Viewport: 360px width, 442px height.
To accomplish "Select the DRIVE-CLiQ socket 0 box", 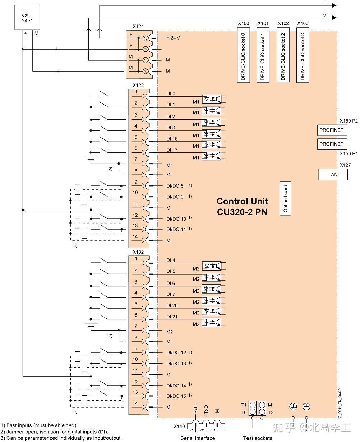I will (x=243, y=56).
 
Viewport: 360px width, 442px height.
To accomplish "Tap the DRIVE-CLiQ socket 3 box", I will (x=303, y=56).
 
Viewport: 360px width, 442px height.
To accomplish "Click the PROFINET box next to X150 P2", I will (x=332, y=130).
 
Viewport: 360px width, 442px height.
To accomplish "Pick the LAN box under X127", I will (x=333, y=175).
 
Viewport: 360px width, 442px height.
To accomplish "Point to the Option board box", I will (x=286, y=198).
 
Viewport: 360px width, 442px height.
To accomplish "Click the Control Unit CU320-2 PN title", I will (x=242, y=207).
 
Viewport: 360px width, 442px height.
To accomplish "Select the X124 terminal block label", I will (x=138, y=26).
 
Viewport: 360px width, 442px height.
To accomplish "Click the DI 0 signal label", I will (x=171, y=94).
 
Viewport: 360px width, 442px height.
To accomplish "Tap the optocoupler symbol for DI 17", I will (x=212, y=156).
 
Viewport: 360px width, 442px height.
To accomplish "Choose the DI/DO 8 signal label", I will (x=175, y=186).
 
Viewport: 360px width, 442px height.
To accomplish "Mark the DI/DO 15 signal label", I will (x=176, y=396).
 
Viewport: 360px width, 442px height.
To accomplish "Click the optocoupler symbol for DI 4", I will (x=212, y=266).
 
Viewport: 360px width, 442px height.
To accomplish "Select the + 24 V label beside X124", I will (x=173, y=38).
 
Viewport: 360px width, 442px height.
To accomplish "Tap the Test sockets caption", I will (x=257, y=438).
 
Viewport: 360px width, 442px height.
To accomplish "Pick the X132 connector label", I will (x=138, y=252).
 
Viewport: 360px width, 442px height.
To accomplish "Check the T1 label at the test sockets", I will (x=244, y=405).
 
